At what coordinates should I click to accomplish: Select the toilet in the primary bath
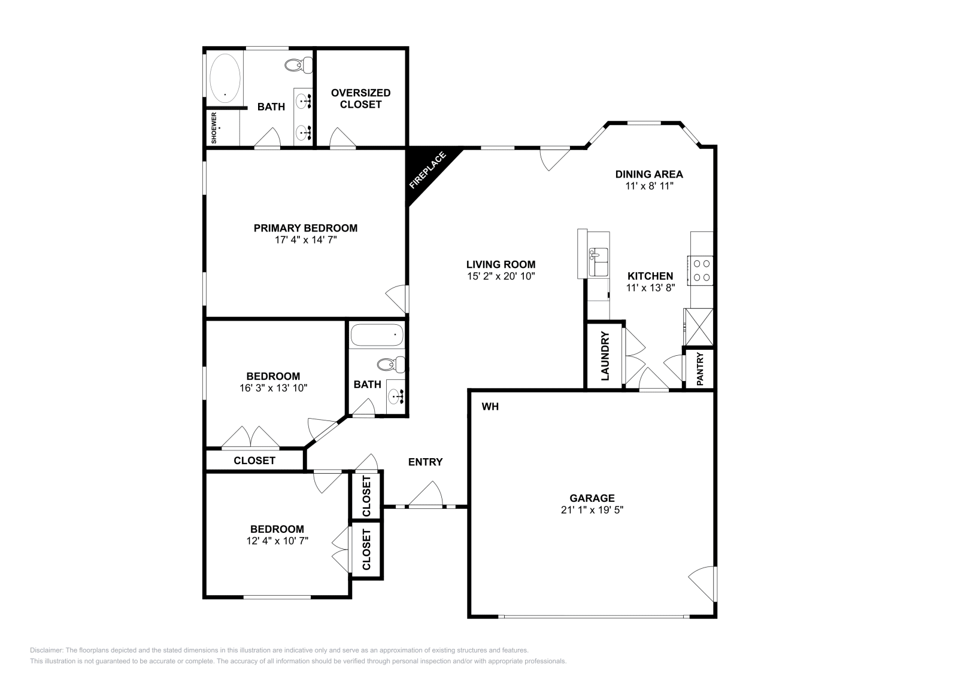(x=299, y=65)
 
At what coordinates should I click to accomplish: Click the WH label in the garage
(x=490, y=407)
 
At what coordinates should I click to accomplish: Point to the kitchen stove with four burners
(x=701, y=270)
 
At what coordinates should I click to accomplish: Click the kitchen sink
(x=598, y=262)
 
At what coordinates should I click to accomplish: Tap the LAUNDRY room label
(x=605, y=356)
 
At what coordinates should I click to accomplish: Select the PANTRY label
(x=699, y=368)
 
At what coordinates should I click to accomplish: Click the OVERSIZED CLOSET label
(x=360, y=98)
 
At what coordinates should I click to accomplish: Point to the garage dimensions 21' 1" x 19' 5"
(x=592, y=510)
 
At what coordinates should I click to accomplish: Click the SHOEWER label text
(x=214, y=127)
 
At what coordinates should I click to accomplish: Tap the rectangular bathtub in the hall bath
(x=377, y=335)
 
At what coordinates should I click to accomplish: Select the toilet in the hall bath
(x=390, y=364)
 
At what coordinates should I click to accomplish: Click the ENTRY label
(x=425, y=462)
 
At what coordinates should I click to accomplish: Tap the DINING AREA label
(x=649, y=174)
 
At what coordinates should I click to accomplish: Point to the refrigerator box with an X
(x=699, y=327)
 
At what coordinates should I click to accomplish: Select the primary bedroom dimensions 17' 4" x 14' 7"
(x=305, y=240)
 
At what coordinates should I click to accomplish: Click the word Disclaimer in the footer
(x=46, y=650)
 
